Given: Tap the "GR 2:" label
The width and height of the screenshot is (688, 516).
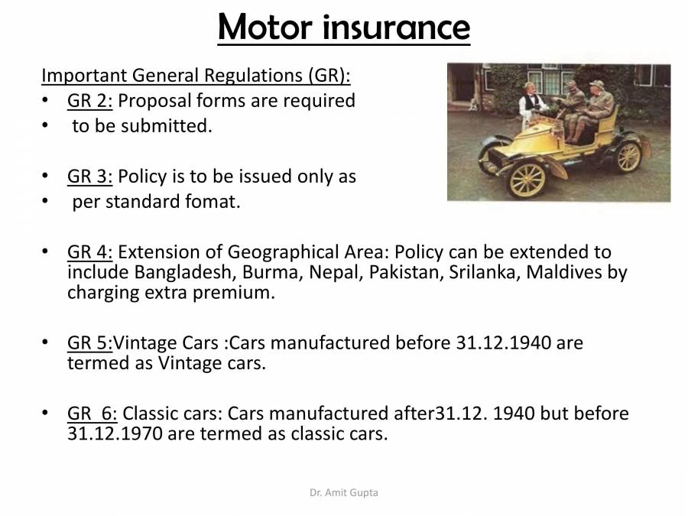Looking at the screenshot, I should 90,101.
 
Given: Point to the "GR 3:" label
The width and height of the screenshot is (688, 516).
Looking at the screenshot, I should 90,177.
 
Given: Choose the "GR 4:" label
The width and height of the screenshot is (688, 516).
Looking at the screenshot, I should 90,252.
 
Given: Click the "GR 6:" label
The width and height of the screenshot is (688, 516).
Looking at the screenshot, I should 92,414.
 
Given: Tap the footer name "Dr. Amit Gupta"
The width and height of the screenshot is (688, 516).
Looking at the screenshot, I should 344,493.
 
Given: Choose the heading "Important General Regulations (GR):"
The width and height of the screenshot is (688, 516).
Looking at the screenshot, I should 196,76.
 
